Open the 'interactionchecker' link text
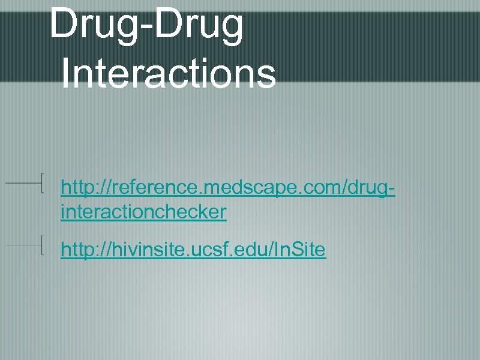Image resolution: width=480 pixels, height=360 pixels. (x=143, y=212)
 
